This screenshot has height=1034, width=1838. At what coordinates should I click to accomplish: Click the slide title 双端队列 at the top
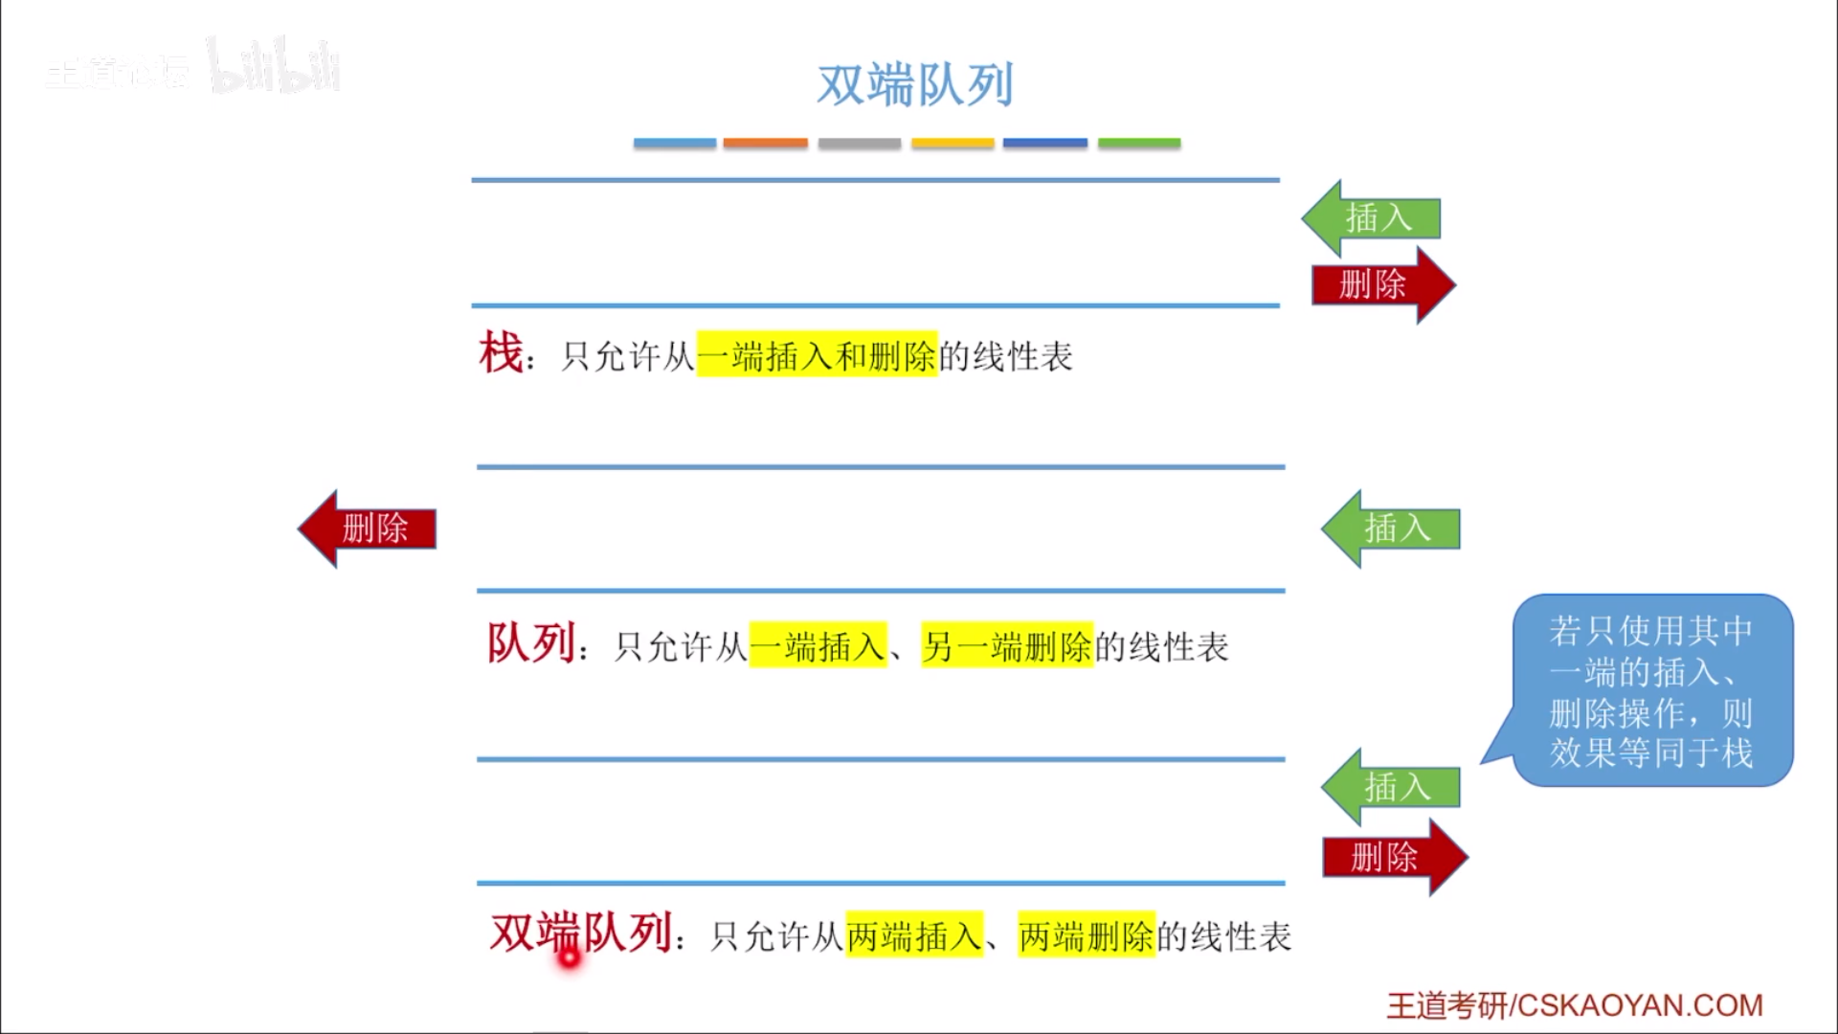point(914,85)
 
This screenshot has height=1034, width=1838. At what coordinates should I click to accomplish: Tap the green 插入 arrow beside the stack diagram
point(1373,218)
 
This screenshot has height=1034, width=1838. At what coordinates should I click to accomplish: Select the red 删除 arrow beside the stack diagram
point(1381,284)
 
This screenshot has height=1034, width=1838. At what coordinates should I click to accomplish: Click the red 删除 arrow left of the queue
point(369,528)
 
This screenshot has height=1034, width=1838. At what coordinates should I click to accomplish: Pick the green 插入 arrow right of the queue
point(1392,528)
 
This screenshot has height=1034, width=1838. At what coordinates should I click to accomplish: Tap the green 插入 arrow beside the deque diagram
point(1392,787)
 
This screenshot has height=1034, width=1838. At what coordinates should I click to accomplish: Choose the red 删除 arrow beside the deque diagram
point(1393,857)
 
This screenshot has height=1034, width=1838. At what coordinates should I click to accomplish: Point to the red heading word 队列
point(531,643)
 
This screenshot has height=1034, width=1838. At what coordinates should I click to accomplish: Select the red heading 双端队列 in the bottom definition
point(581,933)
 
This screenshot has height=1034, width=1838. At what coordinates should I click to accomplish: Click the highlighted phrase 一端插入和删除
point(817,356)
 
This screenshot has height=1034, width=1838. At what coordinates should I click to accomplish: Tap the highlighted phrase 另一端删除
point(1006,647)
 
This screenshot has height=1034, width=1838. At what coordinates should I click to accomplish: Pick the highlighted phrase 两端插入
point(914,936)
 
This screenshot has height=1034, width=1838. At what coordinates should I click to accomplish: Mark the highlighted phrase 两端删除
point(1087,936)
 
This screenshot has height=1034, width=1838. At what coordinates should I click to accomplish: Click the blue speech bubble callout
point(1651,690)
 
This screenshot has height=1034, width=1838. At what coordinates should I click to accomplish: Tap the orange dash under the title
point(765,143)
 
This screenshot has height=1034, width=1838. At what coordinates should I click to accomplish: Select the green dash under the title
point(1138,143)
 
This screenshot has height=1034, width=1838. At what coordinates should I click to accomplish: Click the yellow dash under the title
point(953,143)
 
